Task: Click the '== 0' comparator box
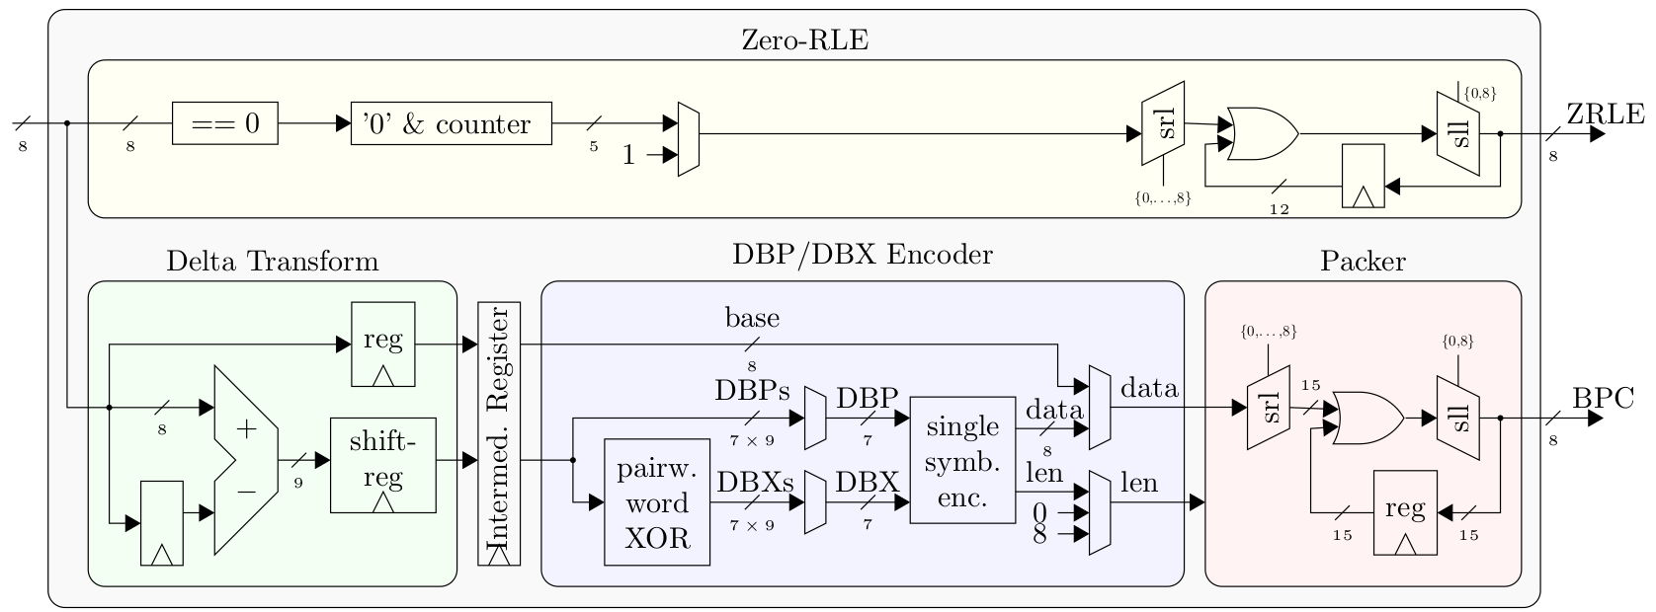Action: [224, 123]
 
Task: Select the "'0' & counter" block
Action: [451, 123]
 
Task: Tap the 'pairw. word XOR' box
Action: [657, 502]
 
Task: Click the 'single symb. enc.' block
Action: [962, 460]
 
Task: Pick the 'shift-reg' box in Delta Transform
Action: [383, 465]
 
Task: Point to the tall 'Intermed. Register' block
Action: [499, 433]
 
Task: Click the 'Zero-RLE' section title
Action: [805, 39]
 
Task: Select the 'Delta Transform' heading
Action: [272, 262]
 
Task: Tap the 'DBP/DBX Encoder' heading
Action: [863, 255]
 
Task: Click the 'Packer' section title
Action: [1364, 262]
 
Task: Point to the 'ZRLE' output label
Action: [1606, 115]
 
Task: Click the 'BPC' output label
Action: [1603, 399]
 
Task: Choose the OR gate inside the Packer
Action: [1367, 418]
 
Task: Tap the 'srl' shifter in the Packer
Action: [1269, 408]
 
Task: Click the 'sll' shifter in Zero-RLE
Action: [1458, 133]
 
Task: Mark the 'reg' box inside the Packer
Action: [1405, 512]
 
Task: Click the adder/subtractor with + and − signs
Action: [246, 460]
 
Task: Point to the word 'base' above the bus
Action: [753, 318]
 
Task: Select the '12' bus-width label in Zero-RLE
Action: [1280, 209]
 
